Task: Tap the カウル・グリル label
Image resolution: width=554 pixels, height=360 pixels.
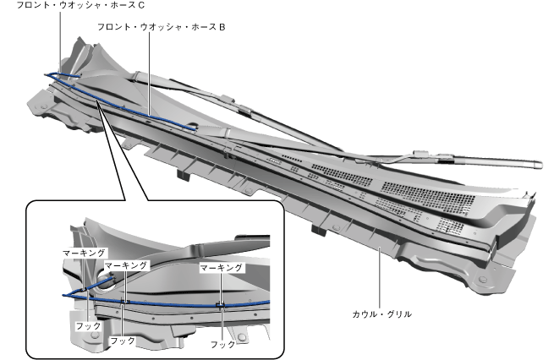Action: [383, 314]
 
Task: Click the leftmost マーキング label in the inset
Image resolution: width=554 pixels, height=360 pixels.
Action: [83, 252]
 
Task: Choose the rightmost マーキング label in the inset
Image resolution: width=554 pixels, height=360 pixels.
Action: [222, 267]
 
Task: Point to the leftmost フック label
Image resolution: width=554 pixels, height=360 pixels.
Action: [87, 324]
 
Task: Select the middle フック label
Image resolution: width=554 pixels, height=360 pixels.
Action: [123, 340]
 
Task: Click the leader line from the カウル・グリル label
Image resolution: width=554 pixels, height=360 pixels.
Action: [380, 278]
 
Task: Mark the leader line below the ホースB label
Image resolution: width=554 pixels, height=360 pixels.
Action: [149, 76]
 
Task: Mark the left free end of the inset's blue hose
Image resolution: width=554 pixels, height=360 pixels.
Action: [63, 295]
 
